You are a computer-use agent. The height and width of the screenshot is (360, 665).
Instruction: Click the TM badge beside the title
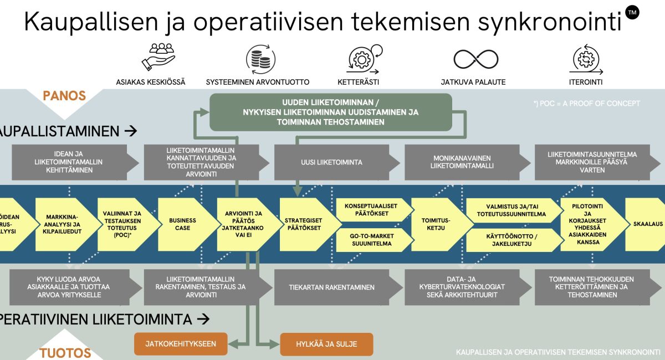[631, 12]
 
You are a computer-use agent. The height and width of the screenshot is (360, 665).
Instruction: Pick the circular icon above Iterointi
[585, 59]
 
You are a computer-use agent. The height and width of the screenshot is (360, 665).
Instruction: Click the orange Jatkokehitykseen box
[181, 344]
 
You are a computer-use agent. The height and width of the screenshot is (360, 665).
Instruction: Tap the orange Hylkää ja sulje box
[326, 344]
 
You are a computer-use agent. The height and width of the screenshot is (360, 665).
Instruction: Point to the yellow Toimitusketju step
[439, 224]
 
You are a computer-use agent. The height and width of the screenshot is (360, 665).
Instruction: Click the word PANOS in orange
[64, 96]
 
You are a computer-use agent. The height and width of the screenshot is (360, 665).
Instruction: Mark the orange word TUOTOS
[65, 353]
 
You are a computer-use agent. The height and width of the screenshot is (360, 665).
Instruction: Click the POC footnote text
[586, 104]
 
